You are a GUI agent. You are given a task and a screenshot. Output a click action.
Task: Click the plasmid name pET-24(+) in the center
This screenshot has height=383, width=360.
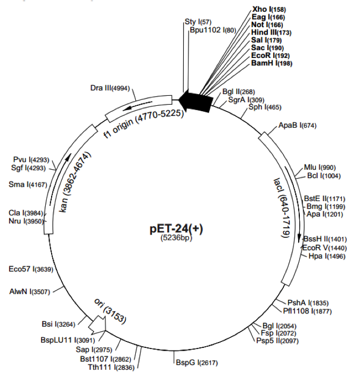[176, 228]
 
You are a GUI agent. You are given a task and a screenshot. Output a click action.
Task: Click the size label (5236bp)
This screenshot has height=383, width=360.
[176, 238]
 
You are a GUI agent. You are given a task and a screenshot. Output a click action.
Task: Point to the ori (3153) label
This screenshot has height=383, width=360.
[110, 311]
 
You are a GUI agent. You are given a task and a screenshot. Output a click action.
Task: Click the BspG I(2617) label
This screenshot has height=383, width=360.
[197, 363]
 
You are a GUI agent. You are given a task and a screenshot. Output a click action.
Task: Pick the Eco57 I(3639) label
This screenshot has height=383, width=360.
[30, 269]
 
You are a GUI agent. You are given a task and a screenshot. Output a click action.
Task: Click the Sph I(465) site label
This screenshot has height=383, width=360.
[265, 107]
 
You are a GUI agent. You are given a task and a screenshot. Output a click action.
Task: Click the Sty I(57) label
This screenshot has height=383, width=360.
[198, 22]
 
